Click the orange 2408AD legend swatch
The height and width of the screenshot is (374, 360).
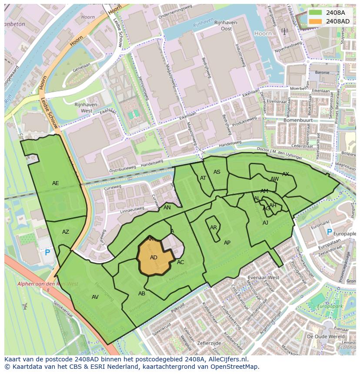(x=316, y=21)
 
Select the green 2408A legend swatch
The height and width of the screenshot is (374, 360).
(x=316, y=13)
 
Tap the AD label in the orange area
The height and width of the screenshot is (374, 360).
(x=153, y=258)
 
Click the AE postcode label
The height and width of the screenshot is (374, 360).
(x=56, y=183)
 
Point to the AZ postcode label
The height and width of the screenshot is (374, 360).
(x=66, y=232)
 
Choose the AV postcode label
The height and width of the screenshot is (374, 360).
(x=95, y=297)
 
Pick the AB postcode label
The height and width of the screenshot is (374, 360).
(x=142, y=294)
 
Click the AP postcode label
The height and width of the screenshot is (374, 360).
(x=227, y=243)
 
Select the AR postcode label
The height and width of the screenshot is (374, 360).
(x=213, y=228)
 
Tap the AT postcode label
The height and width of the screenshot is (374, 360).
(x=203, y=178)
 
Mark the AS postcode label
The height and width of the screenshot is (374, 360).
(x=217, y=172)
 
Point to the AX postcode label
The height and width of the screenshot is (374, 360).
(x=286, y=174)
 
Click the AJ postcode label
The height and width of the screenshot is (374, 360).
(x=266, y=223)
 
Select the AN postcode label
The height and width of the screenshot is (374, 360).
(x=167, y=208)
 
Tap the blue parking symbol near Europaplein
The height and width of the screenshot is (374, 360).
(x=329, y=232)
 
